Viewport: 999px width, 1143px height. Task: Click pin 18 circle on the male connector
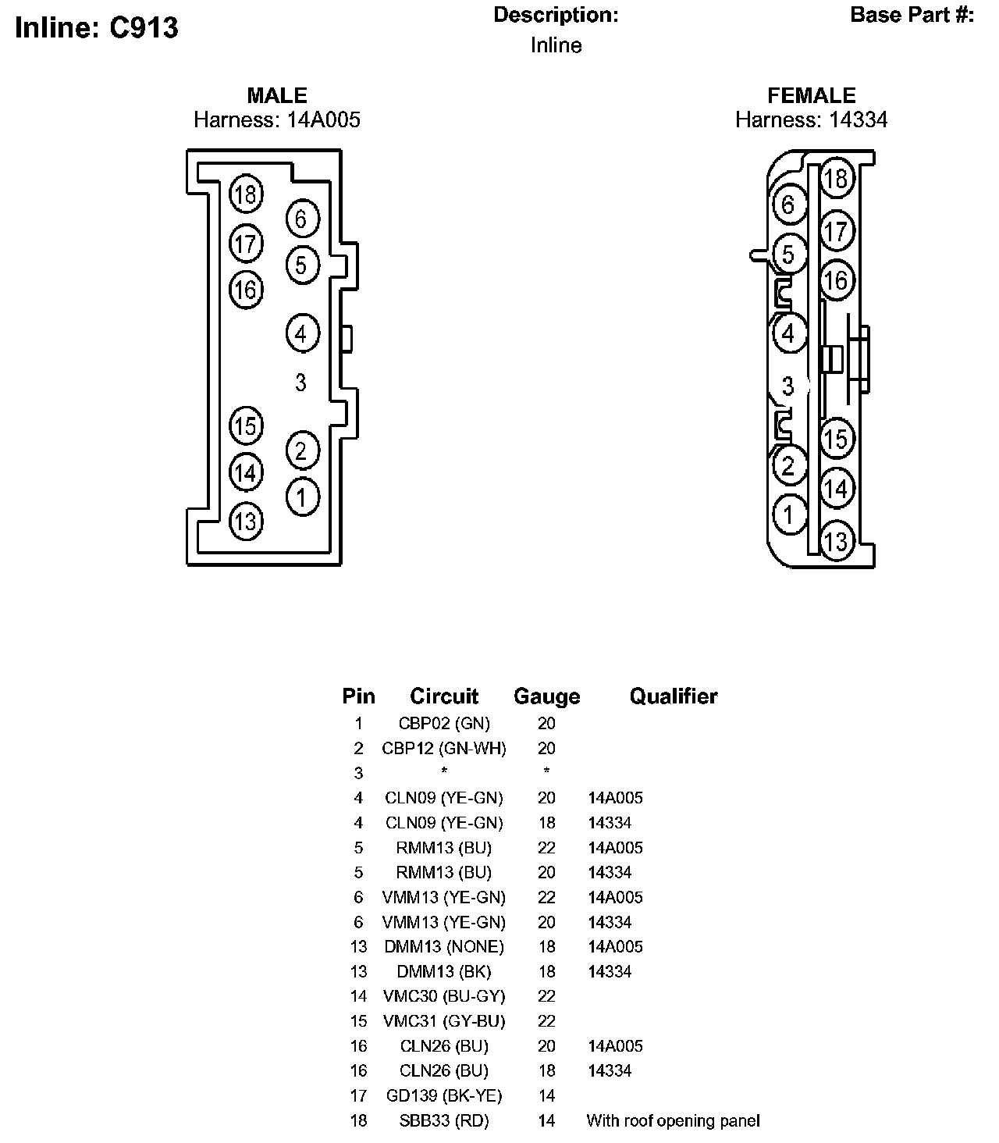246,194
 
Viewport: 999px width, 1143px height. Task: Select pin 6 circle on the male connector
302,219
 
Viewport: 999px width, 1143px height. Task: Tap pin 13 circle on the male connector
246,521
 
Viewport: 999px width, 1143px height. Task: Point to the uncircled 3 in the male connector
300,383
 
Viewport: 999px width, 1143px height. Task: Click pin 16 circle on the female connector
836,280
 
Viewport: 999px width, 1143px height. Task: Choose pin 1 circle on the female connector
789,515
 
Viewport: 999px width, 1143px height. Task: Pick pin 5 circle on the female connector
788,255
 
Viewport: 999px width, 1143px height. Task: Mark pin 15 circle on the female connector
836,439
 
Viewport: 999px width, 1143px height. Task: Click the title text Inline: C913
97,28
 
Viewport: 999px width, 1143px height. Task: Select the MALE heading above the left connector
277,95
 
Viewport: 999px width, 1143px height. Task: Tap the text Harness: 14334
811,119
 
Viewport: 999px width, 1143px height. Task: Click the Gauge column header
546,696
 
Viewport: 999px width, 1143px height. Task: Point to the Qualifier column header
674,696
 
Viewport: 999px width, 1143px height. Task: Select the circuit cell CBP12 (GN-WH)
444,749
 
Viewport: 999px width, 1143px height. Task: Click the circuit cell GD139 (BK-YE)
444,1095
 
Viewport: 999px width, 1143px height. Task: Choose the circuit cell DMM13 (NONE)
444,947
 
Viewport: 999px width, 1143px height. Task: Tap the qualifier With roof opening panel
673,1121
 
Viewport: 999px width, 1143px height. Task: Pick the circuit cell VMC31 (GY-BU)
444,1021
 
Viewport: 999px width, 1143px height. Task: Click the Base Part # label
912,15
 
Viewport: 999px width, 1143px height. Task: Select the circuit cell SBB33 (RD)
444,1121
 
